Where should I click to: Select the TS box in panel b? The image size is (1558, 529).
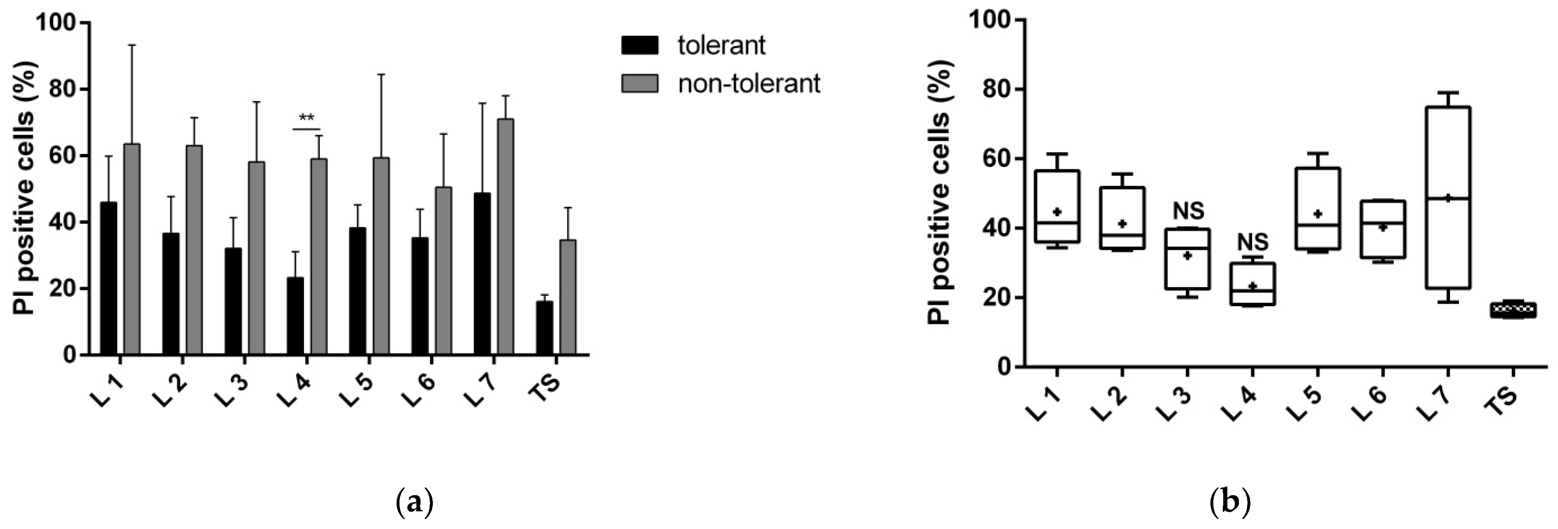tap(1513, 309)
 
